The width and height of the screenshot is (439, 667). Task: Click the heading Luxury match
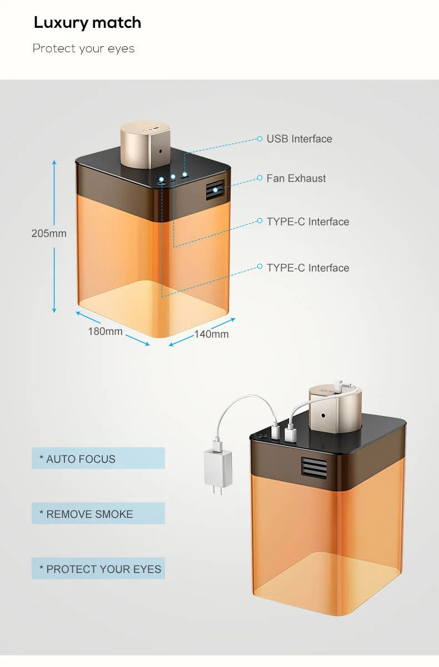pos(87,23)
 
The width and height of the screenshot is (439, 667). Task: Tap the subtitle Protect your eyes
pos(83,48)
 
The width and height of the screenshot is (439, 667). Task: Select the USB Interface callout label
pos(299,139)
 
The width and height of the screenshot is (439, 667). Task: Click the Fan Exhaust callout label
pos(296,178)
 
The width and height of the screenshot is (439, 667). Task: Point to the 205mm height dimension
pos(49,233)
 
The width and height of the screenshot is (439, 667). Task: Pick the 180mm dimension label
pos(105,331)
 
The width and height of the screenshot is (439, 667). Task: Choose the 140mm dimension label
pos(211,334)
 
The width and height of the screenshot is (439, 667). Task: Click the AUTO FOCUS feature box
pos(98,458)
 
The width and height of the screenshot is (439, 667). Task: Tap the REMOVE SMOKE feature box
pos(98,513)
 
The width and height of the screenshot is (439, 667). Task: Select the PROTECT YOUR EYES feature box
pos(98,569)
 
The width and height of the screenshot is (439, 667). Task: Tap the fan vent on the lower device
pos(315,466)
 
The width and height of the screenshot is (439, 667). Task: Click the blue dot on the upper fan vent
pos(215,190)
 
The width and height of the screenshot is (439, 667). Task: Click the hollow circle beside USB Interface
pos(260,139)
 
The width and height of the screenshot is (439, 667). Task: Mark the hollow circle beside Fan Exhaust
pos(260,178)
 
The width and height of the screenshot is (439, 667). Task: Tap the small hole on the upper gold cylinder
pos(161,150)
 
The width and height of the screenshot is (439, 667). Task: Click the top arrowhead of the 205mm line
pos(54,162)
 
